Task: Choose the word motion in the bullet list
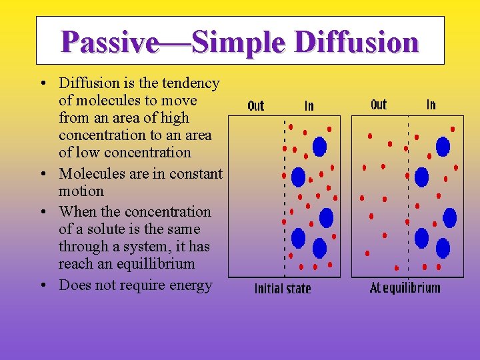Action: click(81, 191)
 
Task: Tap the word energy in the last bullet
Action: click(189, 285)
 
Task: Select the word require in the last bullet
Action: click(140, 285)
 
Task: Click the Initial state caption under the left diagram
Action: click(283, 289)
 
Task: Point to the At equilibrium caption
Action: click(405, 288)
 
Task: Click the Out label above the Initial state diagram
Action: click(256, 105)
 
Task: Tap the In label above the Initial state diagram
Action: click(309, 105)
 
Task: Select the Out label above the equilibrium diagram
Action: click(378, 105)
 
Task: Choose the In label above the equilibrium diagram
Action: click(431, 105)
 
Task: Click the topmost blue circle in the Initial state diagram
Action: click(319, 145)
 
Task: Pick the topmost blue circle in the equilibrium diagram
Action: click(443, 146)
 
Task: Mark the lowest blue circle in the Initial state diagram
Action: click(319, 248)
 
